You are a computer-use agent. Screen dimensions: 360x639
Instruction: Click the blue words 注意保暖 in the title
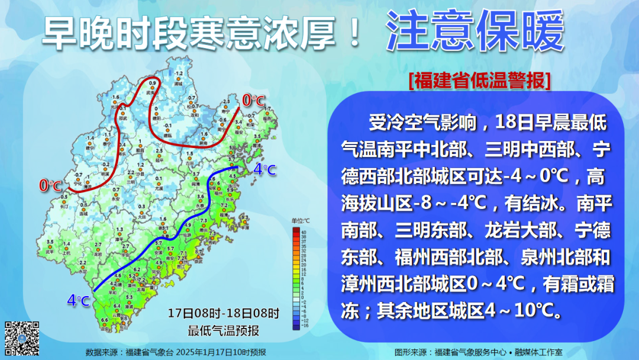(x=475, y=33)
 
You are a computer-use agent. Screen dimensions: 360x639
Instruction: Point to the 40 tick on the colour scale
(x=303, y=231)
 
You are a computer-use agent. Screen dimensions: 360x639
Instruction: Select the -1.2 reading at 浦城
(x=178, y=73)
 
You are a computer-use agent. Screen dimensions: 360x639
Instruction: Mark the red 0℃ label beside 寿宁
(x=254, y=101)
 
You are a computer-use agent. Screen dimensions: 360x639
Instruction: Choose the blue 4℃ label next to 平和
(x=79, y=301)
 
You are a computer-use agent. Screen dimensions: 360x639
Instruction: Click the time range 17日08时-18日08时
(x=223, y=313)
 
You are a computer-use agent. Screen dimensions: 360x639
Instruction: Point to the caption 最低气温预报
(x=223, y=330)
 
